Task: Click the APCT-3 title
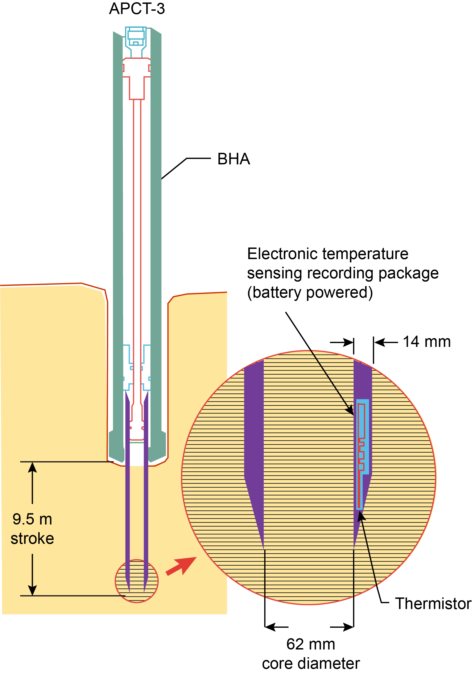(x=137, y=9)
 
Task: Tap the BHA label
(x=234, y=159)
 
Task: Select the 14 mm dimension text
(x=427, y=342)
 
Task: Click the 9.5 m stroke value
(x=32, y=519)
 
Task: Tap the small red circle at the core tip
(x=137, y=581)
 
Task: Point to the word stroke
(x=32, y=538)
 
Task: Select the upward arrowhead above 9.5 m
(x=32, y=467)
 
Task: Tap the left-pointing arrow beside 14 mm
(x=380, y=342)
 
